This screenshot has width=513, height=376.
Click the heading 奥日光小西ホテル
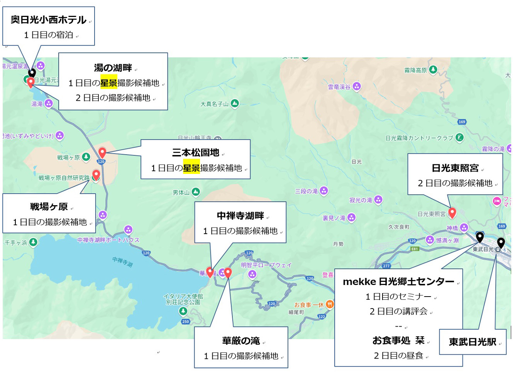(48, 20)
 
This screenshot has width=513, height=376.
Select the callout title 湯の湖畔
(113, 68)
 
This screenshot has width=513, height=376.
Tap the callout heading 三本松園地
(195, 153)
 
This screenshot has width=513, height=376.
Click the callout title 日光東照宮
(455, 168)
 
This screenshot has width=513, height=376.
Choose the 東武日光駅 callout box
(472, 342)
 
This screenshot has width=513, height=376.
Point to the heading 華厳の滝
(241, 341)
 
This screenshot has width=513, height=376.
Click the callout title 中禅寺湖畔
(240, 216)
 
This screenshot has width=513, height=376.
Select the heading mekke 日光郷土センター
(398, 282)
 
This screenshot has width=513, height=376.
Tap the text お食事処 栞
(398, 341)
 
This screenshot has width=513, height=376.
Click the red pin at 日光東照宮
(452, 212)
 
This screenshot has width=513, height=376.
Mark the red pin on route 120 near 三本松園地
(102, 152)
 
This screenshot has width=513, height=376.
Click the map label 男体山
(181, 192)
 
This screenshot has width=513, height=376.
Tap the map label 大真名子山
(214, 104)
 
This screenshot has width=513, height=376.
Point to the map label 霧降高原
(415, 70)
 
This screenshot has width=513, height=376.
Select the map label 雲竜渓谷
(339, 87)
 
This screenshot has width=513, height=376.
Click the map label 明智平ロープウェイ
(266, 265)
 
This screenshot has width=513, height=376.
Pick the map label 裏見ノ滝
(334, 218)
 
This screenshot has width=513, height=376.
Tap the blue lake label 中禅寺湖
(122, 262)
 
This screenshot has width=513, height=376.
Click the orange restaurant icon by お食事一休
(330, 304)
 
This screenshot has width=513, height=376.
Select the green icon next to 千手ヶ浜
(33, 242)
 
